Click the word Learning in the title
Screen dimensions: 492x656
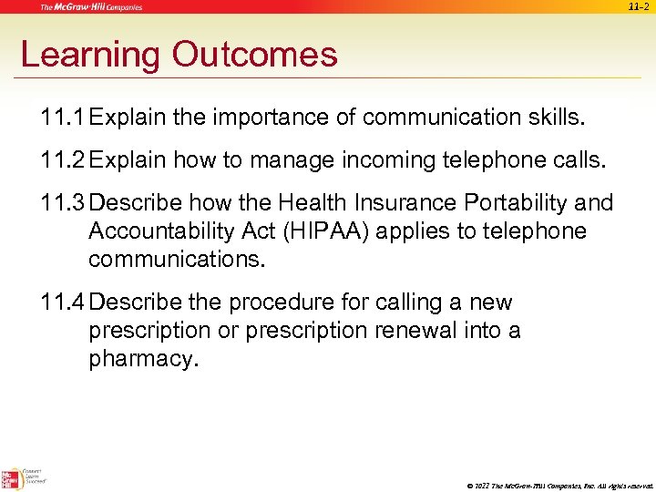tap(89, 56)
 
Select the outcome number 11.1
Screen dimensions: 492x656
tap(64, 118)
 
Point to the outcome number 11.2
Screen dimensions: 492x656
tap(64, 161)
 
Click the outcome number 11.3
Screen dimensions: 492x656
tap(64, 203)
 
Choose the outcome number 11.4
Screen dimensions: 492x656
tap(64, 302)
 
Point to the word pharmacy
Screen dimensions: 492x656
tap(142, 359)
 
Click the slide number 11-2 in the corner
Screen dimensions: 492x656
tap(640, 7)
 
